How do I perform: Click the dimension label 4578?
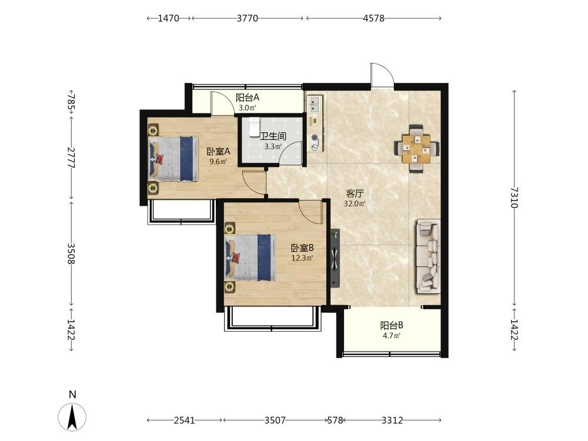click(x=373, y=18)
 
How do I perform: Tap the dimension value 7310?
click(x=514, y=197)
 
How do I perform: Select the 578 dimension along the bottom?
click(x=335, y=420)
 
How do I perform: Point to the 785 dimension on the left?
click(x=71, y=101)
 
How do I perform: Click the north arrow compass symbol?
click(x=72, y=417)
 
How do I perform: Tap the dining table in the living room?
click(x=417, y=149)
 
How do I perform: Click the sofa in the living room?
click(x=427, y=256)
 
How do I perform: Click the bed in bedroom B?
click(x=249, y=257)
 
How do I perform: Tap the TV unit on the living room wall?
click(x=335, y=258)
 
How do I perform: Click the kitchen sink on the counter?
click(x=314, y=104)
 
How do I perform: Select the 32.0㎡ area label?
click(x=355, y=203)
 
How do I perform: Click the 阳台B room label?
click(x=392, y=325)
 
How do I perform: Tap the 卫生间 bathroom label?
click(x=273, y=136)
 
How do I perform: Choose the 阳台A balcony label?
click(x=248, y=98)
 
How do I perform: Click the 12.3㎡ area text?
click(x=302, y=258)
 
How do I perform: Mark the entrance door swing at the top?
click(x=382, y=75)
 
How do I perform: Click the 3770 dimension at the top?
click(x=248, y=18)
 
